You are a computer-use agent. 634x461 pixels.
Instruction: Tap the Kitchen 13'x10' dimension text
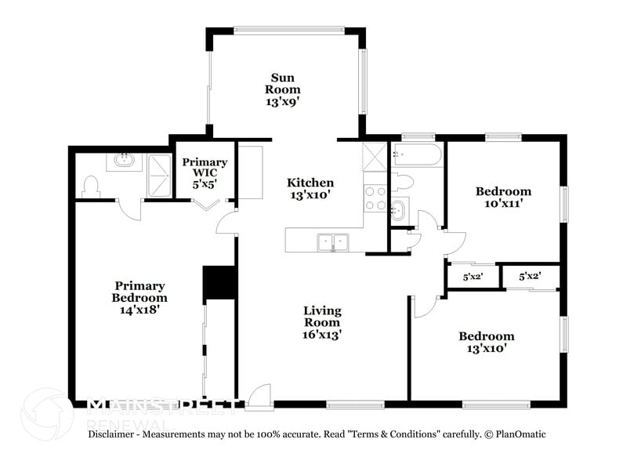311,195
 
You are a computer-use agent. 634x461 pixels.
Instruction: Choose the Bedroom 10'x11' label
503,197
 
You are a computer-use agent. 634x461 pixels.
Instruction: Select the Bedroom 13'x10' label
486,343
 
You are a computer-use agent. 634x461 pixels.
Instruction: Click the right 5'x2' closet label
531,277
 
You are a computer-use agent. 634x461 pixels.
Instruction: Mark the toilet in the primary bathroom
89,187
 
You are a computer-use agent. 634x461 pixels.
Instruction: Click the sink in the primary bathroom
123,160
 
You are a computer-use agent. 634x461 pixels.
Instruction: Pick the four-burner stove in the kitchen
375,198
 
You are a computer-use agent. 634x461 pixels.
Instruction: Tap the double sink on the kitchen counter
333,241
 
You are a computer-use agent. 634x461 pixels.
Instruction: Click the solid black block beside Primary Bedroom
219,283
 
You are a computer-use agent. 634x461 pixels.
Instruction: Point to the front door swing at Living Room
259,396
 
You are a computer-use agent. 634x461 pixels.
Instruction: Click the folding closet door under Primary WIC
207,205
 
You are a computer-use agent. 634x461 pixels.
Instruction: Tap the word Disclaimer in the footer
114,434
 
